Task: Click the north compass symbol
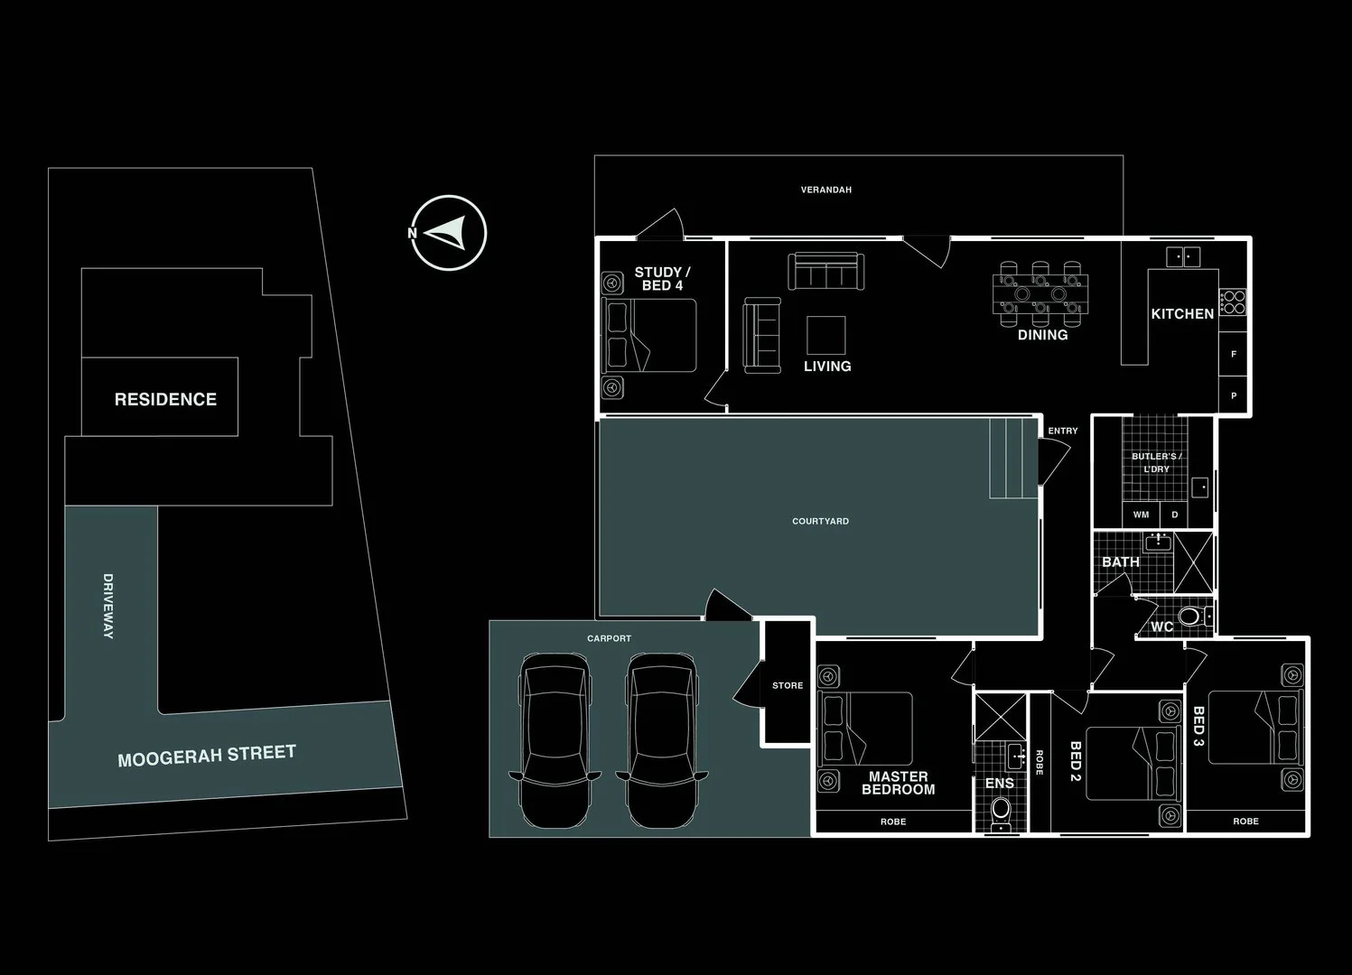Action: coord(448,234)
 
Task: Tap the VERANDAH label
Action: coord(825,190)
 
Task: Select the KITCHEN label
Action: coord(1181,314)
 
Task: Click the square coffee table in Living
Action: coord(825,335)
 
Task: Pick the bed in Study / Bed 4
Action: coord(649,335)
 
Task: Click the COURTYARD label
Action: coord(820,522)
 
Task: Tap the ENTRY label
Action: coord(1063,432)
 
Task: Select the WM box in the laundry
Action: coord(1141,515)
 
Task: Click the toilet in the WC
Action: coord(1191,617)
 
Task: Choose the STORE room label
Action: coord(787,686)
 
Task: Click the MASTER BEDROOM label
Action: coord(898,783)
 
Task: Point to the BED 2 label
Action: coord(1075,762)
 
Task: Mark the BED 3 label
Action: coord(1198,727)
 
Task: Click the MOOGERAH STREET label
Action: coord(207,755)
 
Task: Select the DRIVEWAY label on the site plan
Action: coord(108,606)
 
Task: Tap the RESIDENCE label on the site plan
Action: coord(165,399)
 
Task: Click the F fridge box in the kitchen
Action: coord(1234,355)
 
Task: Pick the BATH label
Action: coord(1120,562)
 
